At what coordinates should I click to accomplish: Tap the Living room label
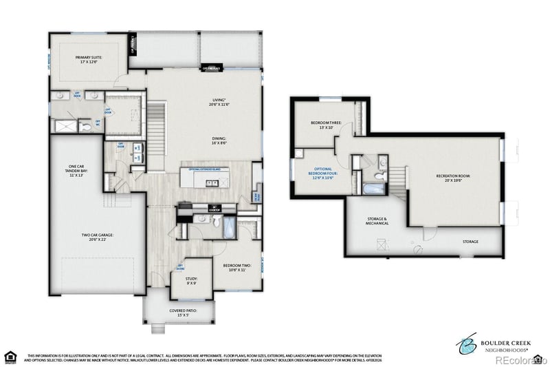point(219,104)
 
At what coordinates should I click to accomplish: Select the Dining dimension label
point(219,140)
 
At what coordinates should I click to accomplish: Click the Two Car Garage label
point(97,238)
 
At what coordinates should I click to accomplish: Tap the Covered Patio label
point(183,313)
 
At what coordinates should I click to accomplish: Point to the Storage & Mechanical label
point(377,221)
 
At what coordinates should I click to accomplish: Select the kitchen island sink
point(210,182)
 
